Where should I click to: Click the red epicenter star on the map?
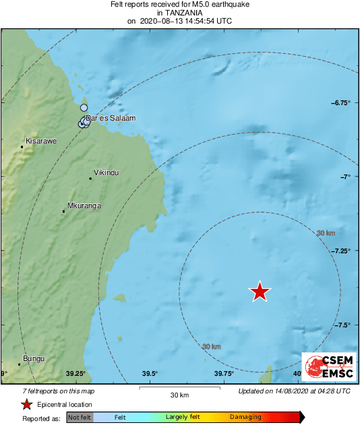[260, 291]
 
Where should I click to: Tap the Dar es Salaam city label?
[111, 118]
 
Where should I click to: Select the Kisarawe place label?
[40, 141]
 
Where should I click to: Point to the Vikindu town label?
[107, 172]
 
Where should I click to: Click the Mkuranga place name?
[84, 205]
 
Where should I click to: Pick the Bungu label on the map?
[33, 358]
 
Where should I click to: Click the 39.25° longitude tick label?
[76, 374]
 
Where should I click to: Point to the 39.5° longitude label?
[150, 374]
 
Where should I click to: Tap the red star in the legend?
[26, 404]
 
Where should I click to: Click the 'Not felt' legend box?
[80, 418]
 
